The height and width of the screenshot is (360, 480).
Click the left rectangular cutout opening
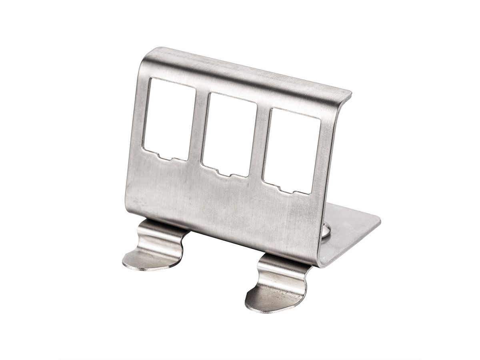point(169,118)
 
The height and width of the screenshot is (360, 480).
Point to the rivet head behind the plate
point(326,230)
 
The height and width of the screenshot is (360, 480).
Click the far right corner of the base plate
point(379,219)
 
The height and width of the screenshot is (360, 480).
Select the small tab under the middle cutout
point(226,174)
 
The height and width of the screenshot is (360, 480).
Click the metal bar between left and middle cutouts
point(198,128)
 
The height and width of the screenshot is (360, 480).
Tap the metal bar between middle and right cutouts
point(260,144)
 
